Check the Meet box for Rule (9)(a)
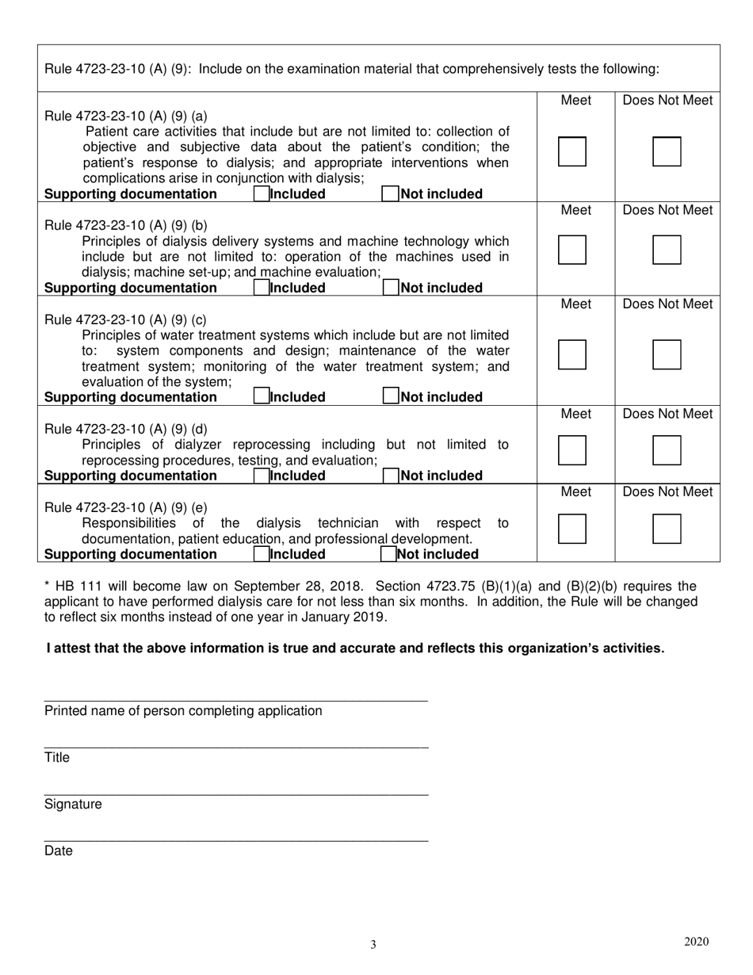(572, 151)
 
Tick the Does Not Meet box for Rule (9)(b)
(667, 250)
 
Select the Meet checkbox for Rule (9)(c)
(572, 354)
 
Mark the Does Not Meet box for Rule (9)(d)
(667, 450)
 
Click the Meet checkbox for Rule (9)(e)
(572, 529)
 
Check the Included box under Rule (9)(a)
(261, 194)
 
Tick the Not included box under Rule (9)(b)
(391, 288)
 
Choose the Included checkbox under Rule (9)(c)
(261, 397)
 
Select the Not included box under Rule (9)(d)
(391, 476)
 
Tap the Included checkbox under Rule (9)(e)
(261, 554)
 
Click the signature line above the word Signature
(236, 793)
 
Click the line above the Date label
(236, 840)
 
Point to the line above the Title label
(236, 747)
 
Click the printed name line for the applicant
(236, 700)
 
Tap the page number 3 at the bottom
(373, 944)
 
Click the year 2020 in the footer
(696, 942)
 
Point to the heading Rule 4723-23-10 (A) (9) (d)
(126, 430)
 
